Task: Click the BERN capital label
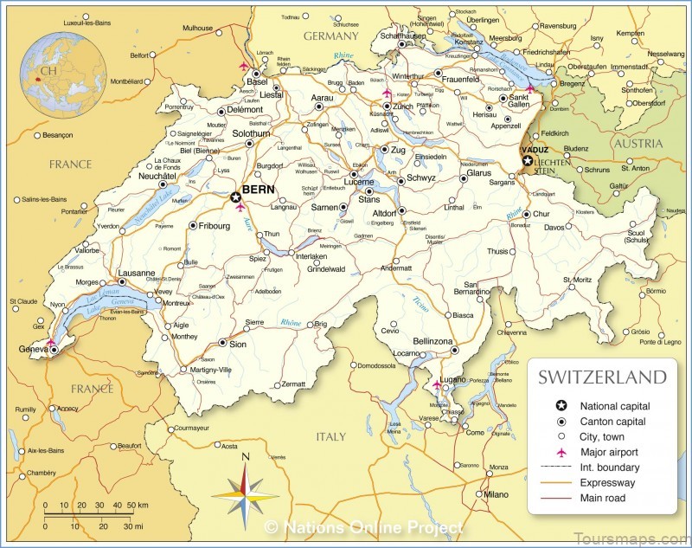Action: tap(259, 189)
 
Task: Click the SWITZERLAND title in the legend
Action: tap(602, 377)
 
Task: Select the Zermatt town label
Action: tap(294, 384)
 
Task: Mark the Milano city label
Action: tap(497, 494)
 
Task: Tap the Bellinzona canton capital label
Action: tap(433, 342)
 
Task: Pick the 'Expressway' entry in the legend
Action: tap(608, 482)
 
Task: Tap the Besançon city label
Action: tap(58, 136)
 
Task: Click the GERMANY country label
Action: tap(330, 36)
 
